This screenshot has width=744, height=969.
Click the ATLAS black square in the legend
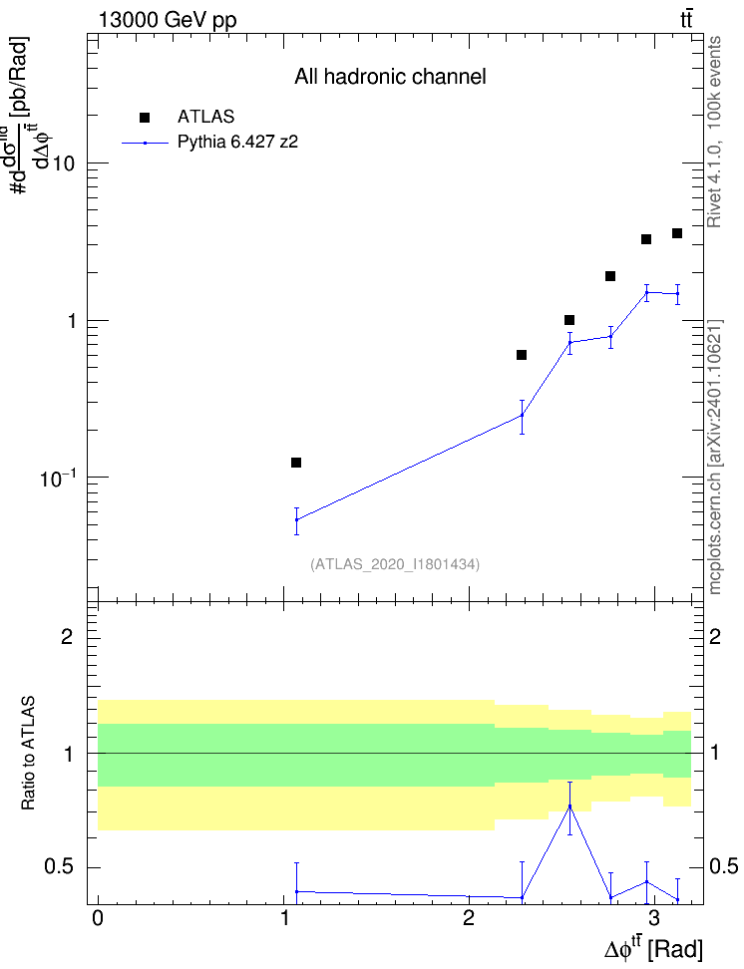click(x=145, y=118)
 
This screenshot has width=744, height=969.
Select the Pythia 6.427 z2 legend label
click(x=237, y=143)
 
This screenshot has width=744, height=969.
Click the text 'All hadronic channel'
click(x=390, y=77)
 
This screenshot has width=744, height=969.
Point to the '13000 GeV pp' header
click(x=168, y=20)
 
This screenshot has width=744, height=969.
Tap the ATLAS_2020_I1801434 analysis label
click(x=395, y=564)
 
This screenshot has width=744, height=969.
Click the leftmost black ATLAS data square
click(x=296, y=463)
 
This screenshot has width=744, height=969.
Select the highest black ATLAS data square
click(x=677, y=233)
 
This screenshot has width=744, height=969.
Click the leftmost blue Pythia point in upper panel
click(x=297, y=519)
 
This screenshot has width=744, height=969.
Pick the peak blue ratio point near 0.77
click(x=569, y=807)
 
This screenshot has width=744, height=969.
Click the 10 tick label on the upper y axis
click(x=64, y=163)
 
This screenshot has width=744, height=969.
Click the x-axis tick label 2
click(x=468, y=918)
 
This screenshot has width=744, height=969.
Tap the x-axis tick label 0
click(x=98, y=918)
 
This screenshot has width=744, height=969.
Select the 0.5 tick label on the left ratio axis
click(x=60, y=867)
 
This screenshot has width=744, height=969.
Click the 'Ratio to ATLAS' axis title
click(x=29, y=754)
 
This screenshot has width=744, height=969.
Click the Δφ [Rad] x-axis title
click(x=653, y=948)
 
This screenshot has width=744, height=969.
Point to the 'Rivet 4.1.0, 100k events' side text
click(x=714, y=132)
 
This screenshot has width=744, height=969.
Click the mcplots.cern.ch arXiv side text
click(x=715, y=457)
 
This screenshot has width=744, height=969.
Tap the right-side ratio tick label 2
click(x=715, y=636)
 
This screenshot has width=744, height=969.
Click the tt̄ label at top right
click(x=686, y=20)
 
